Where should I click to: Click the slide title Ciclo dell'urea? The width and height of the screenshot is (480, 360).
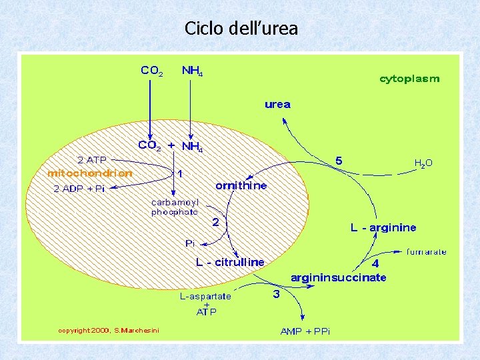[241, 29]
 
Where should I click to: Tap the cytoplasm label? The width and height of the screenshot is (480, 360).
[409, 79]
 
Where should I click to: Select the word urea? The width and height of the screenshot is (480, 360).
[277, 104]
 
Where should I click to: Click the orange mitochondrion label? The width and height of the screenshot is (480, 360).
[89, 173]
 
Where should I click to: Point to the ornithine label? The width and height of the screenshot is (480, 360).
[241, 185]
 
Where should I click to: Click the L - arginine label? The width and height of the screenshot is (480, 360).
[383, 228]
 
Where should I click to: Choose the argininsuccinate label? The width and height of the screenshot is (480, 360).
[338, 277]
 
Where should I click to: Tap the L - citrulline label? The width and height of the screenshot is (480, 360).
[230, 262]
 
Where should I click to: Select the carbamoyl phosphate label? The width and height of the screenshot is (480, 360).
[175, 207]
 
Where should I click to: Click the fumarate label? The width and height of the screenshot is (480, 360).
[427, 252]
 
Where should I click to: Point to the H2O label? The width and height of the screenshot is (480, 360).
[423, 163]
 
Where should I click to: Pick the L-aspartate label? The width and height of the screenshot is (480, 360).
[206, 295]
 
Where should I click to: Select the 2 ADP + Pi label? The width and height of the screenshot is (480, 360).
[79, 189]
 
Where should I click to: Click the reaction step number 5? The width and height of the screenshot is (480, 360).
[339, 161]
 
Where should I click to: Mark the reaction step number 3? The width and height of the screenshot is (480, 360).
[275, 293]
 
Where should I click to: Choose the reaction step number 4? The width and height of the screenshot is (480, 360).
[375, 263]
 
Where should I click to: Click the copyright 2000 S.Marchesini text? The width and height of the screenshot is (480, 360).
[109, 330]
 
